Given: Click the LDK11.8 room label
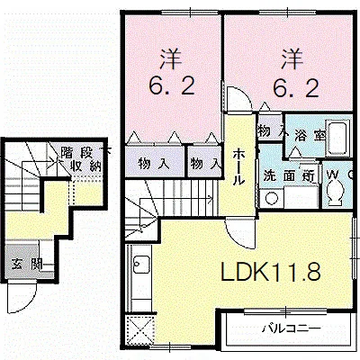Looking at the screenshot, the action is coord(271,271).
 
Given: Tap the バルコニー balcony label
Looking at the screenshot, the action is coord(291,328).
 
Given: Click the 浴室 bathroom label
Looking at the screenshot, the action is coord(309,136).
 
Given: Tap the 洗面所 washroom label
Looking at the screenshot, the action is coord(289,175).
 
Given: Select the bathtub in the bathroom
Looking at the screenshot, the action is coord(338,138).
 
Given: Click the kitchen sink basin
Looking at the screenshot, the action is coord(141,265).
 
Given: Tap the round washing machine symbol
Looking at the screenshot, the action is coord(272,199).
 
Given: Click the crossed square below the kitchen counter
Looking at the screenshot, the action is coord(140,329).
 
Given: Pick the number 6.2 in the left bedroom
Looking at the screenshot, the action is coord(172,85).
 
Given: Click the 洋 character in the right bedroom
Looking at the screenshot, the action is coord(292,59).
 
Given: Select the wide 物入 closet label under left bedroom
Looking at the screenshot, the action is coord(154,164).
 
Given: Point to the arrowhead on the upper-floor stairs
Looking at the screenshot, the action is coord(211,198).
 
